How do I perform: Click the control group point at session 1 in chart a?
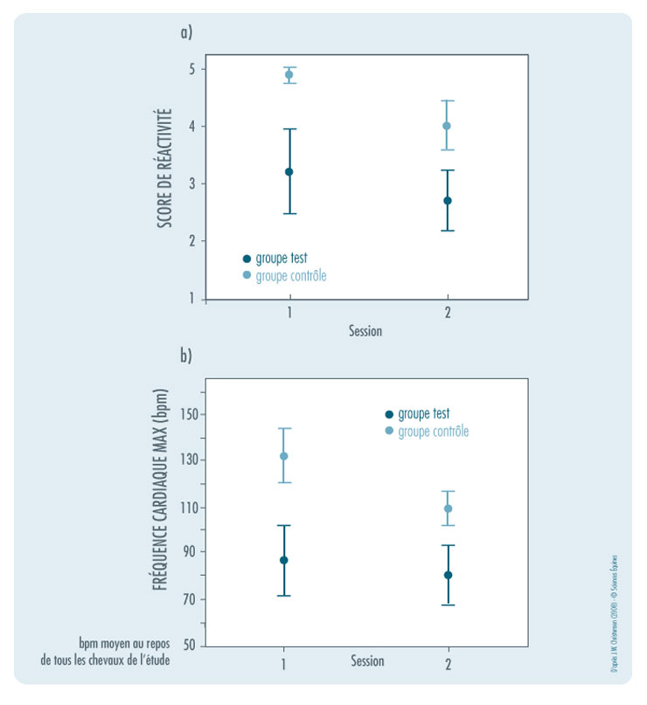click(x=289, y=75)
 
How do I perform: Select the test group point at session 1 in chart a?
click(x=289, y=172)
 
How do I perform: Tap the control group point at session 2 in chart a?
click(x=447, y=126)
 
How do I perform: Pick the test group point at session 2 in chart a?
click(x=447, y=201)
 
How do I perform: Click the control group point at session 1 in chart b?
click(x=283, y=456)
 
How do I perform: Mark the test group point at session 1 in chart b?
click(x=283, y=560)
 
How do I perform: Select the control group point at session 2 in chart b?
click(x=449, y=508)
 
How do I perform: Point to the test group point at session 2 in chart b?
click(x=449, y=575)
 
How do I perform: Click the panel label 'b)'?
click(x=185, y=356)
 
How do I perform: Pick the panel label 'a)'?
click(x=185, y=32)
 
